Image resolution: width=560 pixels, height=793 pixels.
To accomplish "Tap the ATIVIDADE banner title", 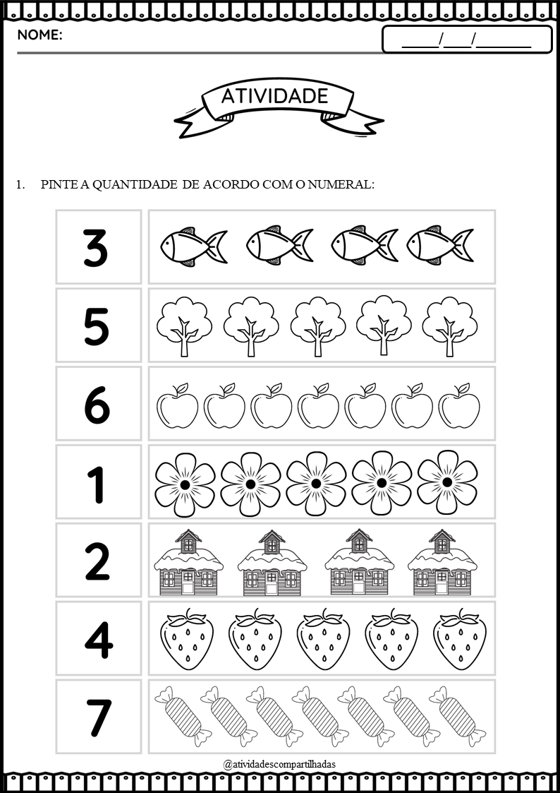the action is [x=274, y=96].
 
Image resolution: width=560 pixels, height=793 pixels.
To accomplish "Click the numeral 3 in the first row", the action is [x=96, y=249].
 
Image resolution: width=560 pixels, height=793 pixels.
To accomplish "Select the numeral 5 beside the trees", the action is [x=96, y=327].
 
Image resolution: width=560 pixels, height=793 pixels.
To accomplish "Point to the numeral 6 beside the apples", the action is [x=97, y=405].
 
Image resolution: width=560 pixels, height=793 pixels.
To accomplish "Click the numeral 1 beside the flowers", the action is [x=96, y=484].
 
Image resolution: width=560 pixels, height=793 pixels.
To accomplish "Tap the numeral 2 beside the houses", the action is [x=97, y=561].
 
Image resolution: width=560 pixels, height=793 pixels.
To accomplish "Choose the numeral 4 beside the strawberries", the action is [x=99, y=640].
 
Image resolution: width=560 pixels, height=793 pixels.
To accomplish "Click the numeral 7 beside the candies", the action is [x=98, y=718].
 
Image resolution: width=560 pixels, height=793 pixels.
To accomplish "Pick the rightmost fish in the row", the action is [x=440, y=245].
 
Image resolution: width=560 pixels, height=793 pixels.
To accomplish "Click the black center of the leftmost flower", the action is [x=185, y=484].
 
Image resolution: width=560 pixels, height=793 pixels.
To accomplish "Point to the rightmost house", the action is [x=442, y=562].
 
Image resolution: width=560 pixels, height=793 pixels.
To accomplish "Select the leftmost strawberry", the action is [x=187, y=640].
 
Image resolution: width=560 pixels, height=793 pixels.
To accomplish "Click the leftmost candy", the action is [x=183, y=716].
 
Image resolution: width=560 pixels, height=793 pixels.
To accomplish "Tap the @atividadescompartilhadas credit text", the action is [x=279, y=763].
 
